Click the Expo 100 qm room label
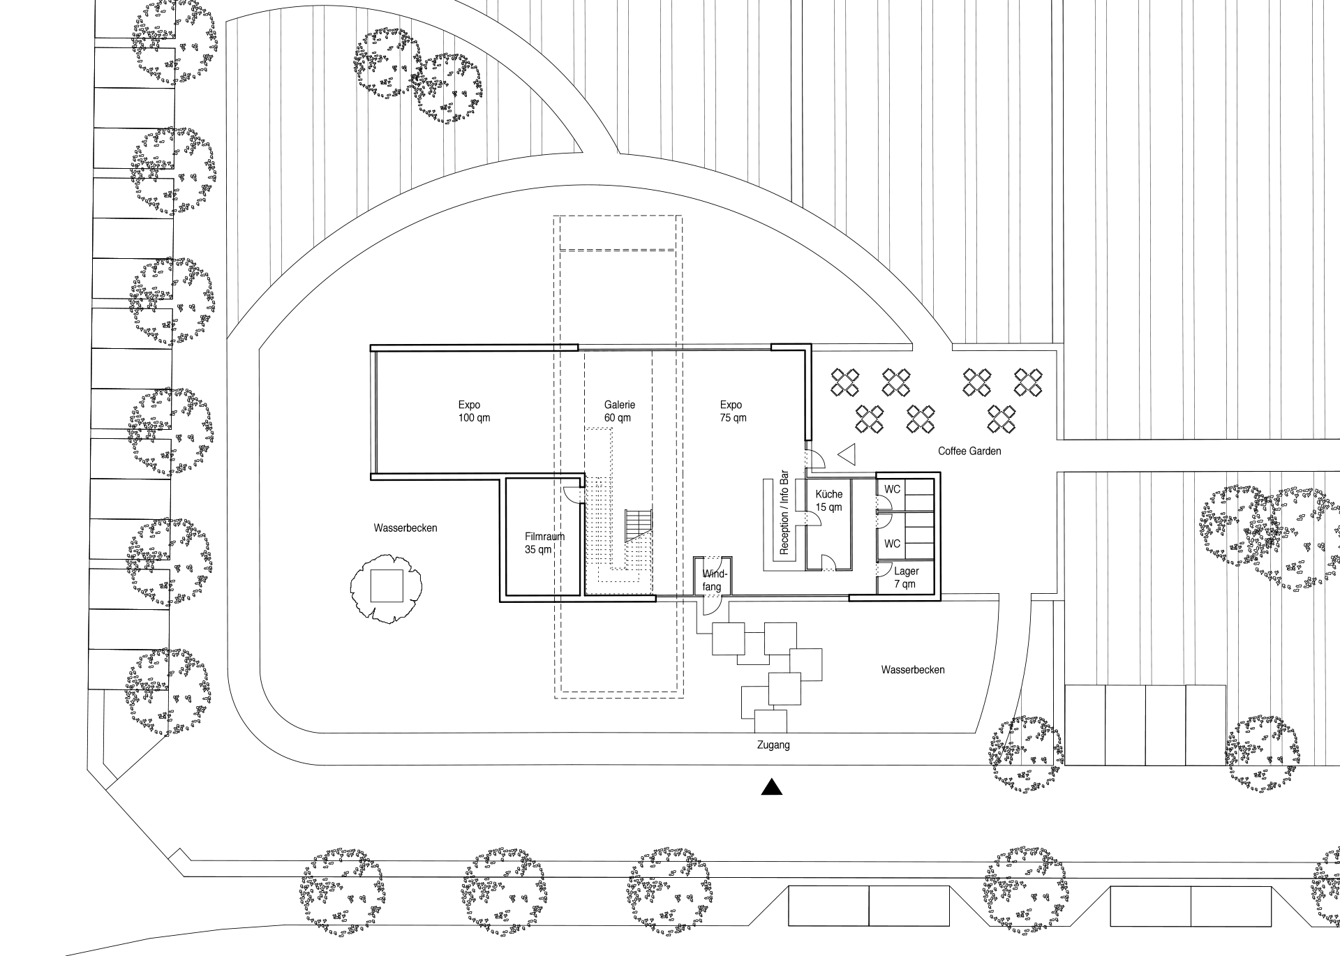pyautogui.click(x=474, y=412)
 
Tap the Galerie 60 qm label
pyautogui.click(x=619, y=412)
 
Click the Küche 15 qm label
pyautogui.click(x=829, y=501)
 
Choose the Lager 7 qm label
pyautogui.click(x=906, y=578)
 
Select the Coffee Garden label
pyautogui.click(x=969, y=451)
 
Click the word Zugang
pyautogui.click(x=773, y=745)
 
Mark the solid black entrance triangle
pyautogui.click(x=771, y=787)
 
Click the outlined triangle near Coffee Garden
pyautogui.click(x=847, y=455)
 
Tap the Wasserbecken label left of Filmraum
pyautogui.click(x=405, y=528)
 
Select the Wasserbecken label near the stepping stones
pyautogui.click(x=912, y=670)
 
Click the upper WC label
pyautogui.click(x=892, y=489)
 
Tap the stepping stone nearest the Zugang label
pyautogui.click(x=770, y=722)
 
